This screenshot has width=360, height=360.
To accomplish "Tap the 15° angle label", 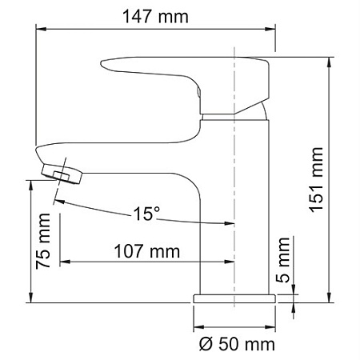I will click(146, 214).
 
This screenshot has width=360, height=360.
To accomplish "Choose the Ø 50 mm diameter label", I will click(234, 345).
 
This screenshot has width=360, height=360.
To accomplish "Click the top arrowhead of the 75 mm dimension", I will click(31, 183).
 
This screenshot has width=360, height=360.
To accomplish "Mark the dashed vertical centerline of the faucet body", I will click(234, 200).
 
